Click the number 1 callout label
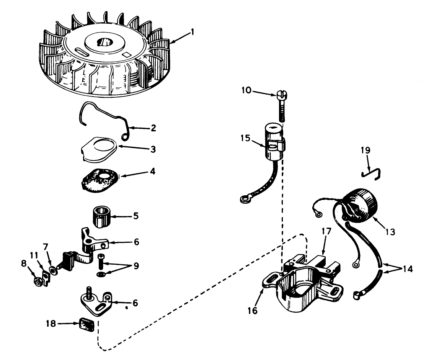coord(193,32)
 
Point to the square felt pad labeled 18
coord(86,325)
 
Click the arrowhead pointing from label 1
coord(171,42)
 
